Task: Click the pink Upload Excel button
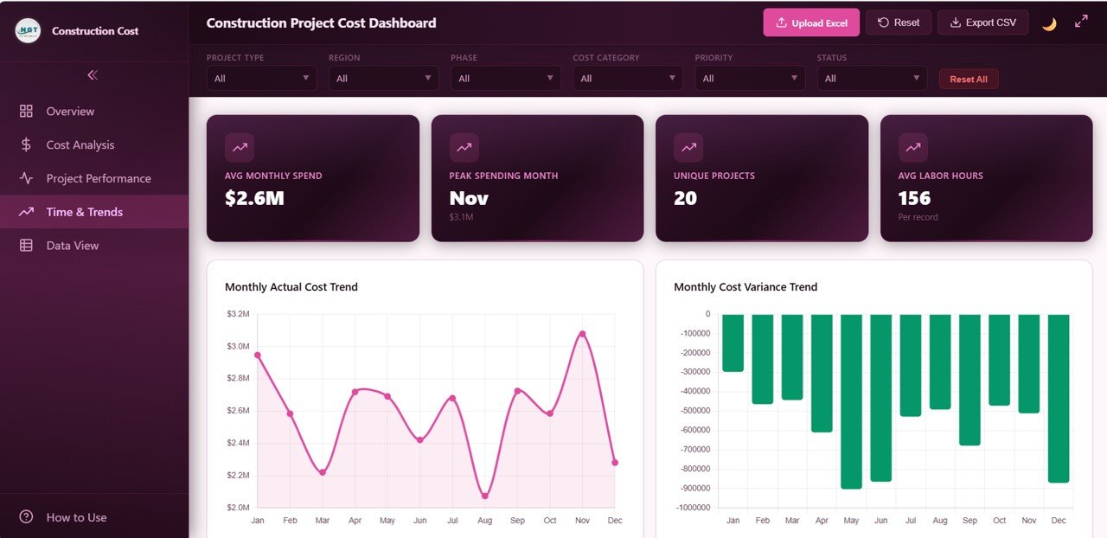coord(811,22)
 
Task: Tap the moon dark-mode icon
coord(1049,23)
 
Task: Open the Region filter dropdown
coord(383,78)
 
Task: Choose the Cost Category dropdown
coord(627,78)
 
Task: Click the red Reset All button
coord(969,79)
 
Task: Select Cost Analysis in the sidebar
coord(80,144)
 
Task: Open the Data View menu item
coord(73,246)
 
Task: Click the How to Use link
coord(76,517)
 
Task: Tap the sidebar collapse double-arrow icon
coord(93,75)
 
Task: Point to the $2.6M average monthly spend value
coord(254,198)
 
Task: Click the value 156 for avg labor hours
coord(914,198)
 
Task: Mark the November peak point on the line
coord(582,334)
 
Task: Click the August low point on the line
coord(484,496)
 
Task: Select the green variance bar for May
coord(851,401)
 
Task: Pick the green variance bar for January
coord(733,343)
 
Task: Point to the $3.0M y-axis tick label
coord(238,346)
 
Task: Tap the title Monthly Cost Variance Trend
coord(745,287)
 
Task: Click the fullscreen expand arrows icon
coord(1081,22)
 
